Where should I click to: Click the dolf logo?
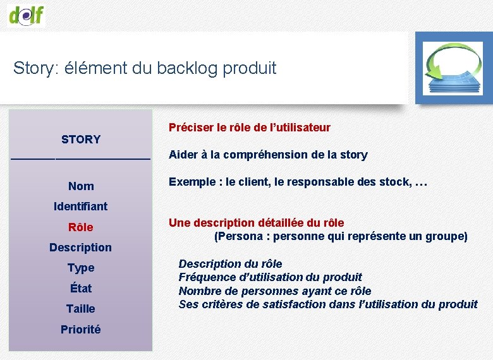26,14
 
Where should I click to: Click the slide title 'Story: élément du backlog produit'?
145,68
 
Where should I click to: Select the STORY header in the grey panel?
81,139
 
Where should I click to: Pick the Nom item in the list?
81,186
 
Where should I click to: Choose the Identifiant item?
81,207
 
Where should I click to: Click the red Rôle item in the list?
81,227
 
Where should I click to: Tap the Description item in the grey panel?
81,248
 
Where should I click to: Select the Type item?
81,268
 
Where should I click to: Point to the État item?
81,289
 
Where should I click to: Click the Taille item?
81,309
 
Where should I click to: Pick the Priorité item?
81,330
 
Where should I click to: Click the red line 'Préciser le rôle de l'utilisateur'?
249,128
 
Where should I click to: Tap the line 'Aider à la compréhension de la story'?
268,155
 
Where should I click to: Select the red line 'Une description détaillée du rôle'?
257,223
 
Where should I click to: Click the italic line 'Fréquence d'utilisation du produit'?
270,277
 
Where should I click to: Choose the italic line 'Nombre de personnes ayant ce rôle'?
274,291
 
